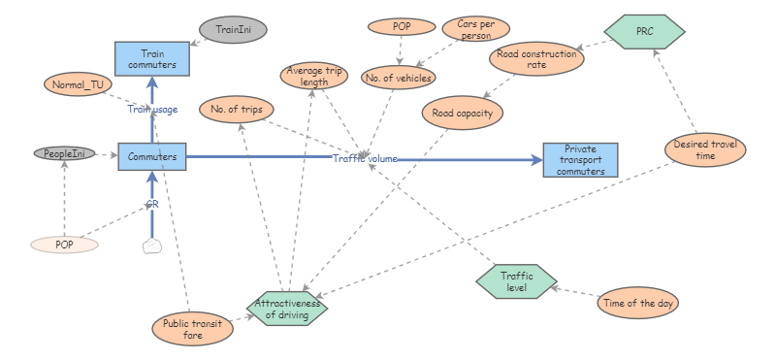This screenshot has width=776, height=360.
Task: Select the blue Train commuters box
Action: (151, 59)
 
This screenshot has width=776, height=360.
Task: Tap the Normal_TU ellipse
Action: (79, 84)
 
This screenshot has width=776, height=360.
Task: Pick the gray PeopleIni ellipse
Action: (65, 153)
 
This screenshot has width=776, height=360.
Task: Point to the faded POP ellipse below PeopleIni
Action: (64, 245)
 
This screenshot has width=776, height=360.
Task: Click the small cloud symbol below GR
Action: (151, 245)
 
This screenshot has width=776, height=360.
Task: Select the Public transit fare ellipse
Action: (188, 327)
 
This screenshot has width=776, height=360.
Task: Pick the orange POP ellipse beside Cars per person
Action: (401, 27)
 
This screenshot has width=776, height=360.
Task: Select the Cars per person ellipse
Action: (475, 29)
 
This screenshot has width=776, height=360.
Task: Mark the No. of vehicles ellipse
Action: (398, 77)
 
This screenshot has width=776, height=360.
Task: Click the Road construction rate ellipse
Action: (536, 60)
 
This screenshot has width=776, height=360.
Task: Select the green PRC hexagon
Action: (644, 31)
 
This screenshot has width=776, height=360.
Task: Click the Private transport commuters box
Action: (580, 160)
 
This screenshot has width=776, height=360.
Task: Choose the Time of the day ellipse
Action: (638, 303)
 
